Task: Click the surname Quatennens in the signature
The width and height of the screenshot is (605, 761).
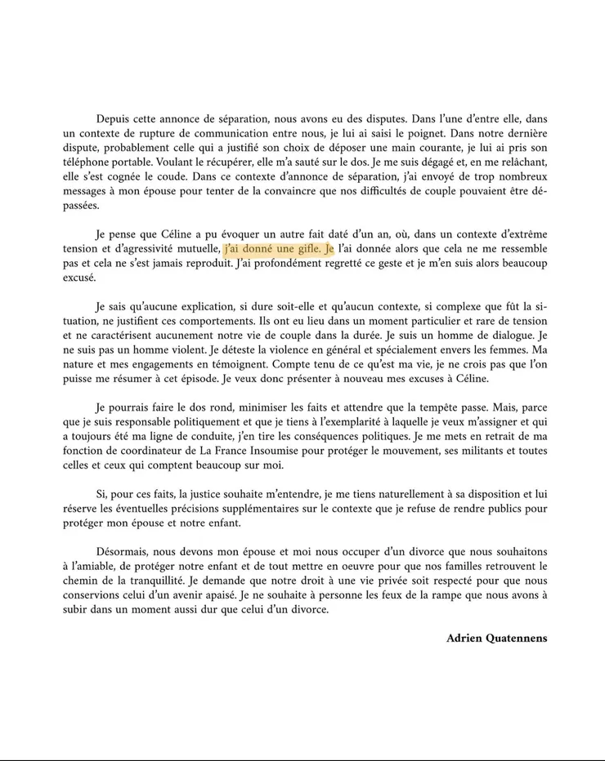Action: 515,639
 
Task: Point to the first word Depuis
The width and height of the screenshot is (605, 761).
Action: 114,118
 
